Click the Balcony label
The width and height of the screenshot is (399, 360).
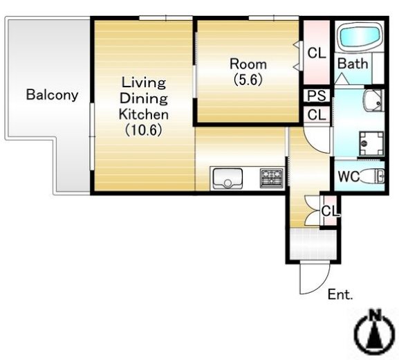pos(52,95)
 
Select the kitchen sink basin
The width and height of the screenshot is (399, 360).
pos(228,178)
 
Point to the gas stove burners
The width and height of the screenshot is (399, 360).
pos(272,178)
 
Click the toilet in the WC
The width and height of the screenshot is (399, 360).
pos(371,176)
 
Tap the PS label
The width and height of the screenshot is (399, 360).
pos(317,96)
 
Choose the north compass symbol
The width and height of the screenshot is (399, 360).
pos(375,332)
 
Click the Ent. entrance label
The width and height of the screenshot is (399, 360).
pos(340,294)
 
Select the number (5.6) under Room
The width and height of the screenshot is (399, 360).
pos(248,80)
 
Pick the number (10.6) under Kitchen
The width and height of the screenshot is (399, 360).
pos(144,130)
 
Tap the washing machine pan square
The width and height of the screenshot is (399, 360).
pos(372,143)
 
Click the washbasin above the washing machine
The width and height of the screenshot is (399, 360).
pos(373,100)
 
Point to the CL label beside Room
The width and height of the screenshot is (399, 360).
pos(317,53)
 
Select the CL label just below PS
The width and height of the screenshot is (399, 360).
pos(317,115)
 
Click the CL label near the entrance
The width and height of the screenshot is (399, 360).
pos(330,211)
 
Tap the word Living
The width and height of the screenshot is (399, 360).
pos(144,83)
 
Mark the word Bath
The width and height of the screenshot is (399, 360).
pos(353,64)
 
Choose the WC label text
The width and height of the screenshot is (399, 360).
pos(349,176)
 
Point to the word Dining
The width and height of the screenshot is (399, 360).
pos(144,99)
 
